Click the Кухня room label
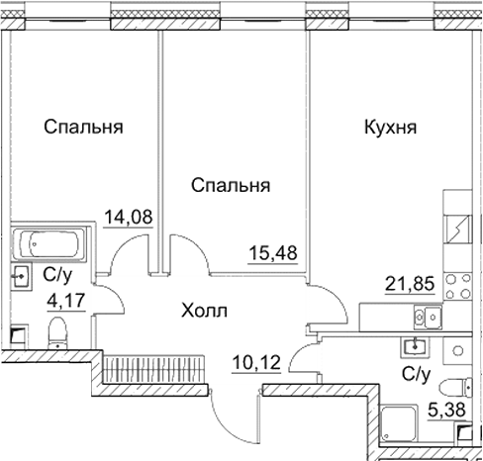(390, 128)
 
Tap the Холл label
(205, 311)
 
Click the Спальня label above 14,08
(83, 128)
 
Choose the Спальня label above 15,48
(232, 185)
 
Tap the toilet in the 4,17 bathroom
(56, 332)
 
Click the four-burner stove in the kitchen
(459, 287)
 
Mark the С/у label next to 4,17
(55, 275)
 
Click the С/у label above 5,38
(416, 375)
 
